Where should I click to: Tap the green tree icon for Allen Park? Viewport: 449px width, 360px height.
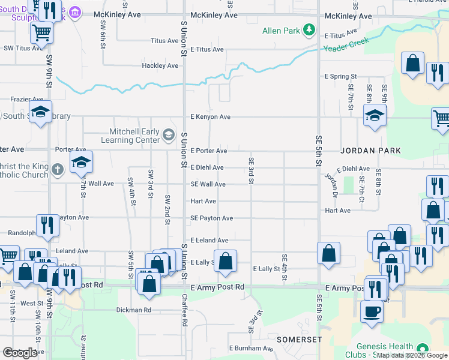tap(309, 29)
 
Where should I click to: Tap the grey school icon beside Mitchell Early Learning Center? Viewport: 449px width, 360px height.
tap(169, 136)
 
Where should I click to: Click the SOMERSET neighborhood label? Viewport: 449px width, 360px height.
tap(300, 340)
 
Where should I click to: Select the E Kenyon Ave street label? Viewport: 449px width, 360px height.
tap(210, 117)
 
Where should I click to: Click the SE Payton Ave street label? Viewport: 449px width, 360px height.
tap(211, 218)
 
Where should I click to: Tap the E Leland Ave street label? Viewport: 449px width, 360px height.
tap(209, 240)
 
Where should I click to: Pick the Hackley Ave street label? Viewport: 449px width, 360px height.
tap(160, 65)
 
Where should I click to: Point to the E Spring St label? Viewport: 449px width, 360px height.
tap(341, 77)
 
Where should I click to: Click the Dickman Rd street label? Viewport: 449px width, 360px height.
tap(134, 310)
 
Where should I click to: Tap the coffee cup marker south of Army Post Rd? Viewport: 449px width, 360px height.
tap(372, 311)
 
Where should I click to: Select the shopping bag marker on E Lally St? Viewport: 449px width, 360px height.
tap(225, 261)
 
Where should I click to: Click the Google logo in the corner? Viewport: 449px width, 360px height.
tap(20, 353)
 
